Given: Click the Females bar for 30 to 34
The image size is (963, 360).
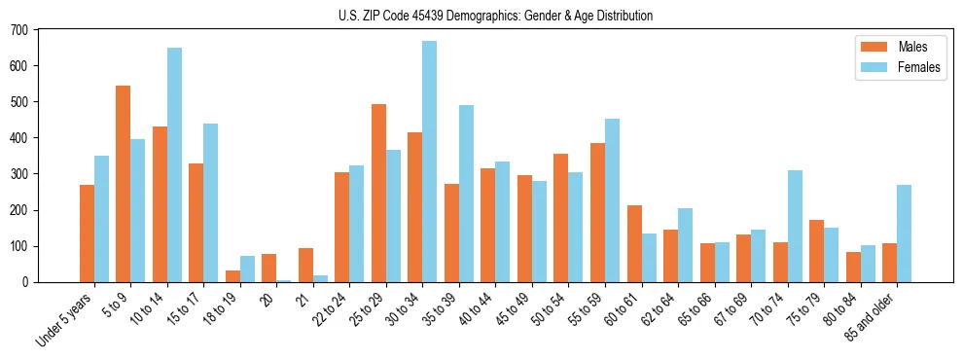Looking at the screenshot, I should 429,162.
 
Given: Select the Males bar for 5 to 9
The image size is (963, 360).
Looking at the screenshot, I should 123,184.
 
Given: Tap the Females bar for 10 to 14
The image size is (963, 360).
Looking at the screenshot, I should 174,165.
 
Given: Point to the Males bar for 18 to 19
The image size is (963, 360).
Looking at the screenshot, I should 232,276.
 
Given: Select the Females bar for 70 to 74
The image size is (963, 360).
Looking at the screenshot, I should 795,227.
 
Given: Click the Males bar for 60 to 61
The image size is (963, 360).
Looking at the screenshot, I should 634,244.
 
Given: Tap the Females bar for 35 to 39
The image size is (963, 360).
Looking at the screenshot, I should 466,194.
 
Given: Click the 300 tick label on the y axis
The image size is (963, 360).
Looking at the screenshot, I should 19,174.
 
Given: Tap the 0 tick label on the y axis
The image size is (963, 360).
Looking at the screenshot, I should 25,282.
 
